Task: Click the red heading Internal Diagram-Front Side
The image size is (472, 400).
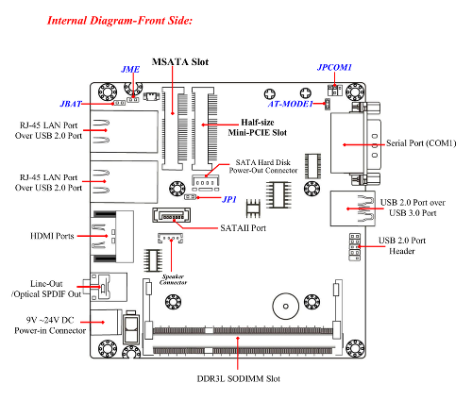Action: tap(120, 21)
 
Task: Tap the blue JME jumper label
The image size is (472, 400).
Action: tap(130, 69)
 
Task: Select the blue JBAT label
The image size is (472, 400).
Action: tap(71, 104)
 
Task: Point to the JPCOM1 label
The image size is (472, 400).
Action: tap(334, 67)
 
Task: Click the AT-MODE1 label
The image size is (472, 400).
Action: tap(291, 104)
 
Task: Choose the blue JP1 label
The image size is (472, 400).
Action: tap(229, 199)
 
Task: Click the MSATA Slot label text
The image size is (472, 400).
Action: tap(180, 61)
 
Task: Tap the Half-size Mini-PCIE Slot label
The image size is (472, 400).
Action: tap(258, 127)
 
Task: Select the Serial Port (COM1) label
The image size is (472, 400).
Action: tap(421, 143)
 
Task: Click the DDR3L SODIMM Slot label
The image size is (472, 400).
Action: tap(239, 378)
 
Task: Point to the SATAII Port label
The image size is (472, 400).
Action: tap(244, 228)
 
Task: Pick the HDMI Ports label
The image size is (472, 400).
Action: tap(52, 236)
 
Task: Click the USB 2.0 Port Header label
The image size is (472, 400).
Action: tap(402, 245)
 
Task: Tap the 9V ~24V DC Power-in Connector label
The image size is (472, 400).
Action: tap(50, 325)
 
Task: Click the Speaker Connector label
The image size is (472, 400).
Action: tap(173, 279)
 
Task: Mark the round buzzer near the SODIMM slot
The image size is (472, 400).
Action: tap(286, 307)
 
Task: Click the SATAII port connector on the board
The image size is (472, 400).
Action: tap(172, 215)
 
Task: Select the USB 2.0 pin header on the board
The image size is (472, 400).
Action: tap(355, 247)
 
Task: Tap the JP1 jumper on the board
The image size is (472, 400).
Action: tap(190, 197)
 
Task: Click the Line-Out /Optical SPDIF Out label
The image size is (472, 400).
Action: tap(46, 289)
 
